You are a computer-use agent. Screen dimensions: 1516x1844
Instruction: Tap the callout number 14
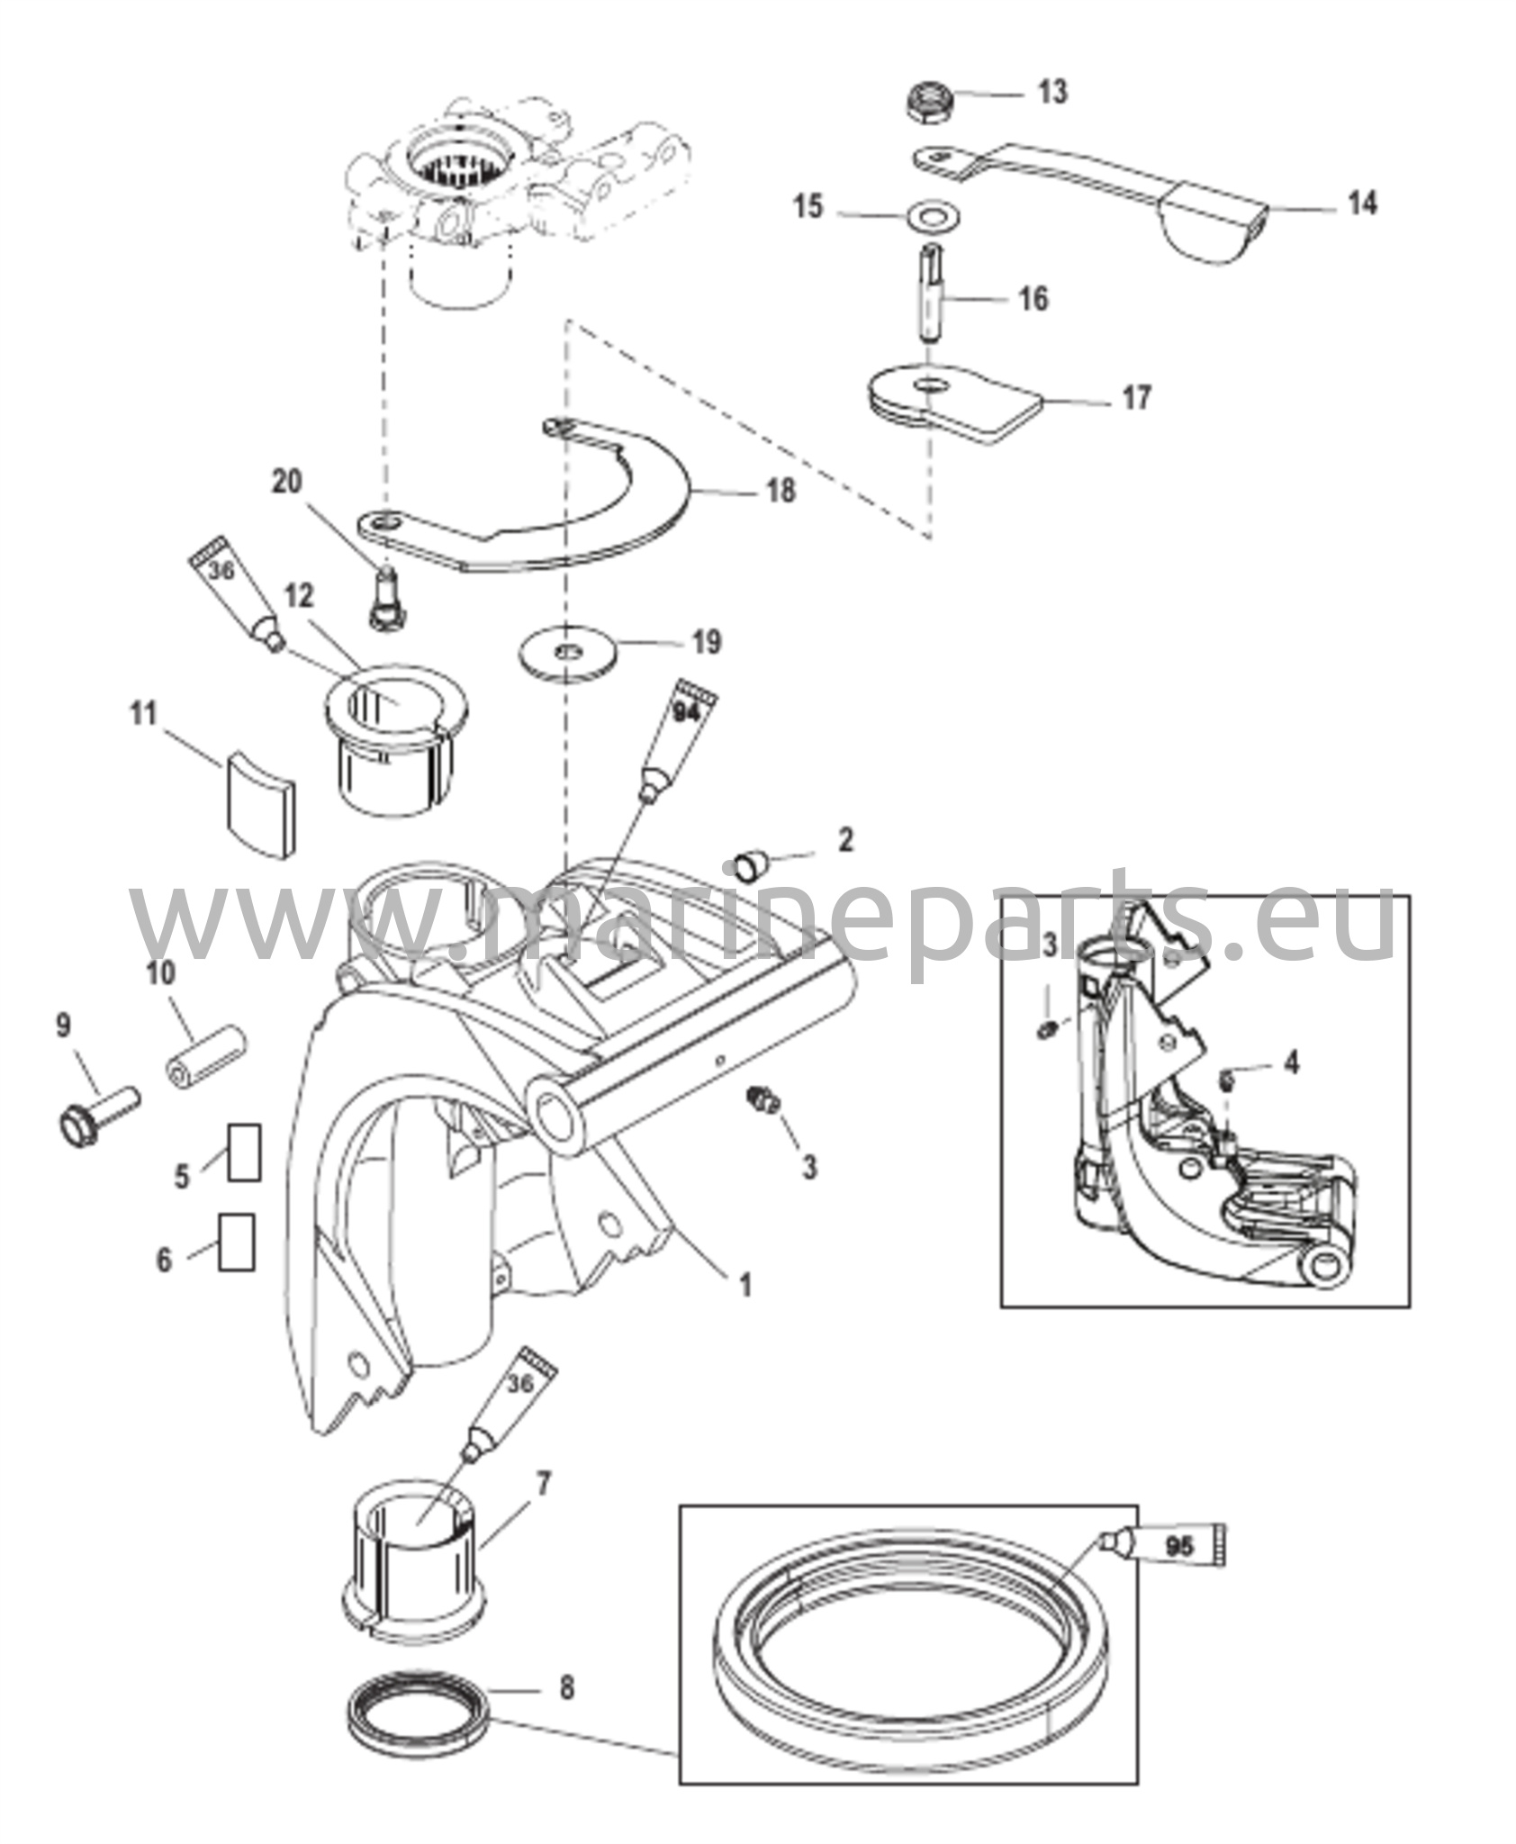[x=1362, y=205]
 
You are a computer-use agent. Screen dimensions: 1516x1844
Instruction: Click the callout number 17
[x=1136, y=398]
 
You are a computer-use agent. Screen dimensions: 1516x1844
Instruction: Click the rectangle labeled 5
[x=244, y=1152]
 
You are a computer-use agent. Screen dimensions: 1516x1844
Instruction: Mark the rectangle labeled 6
[x=237, y=1242]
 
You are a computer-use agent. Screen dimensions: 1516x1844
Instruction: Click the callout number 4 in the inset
[x=1292, y=1062]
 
